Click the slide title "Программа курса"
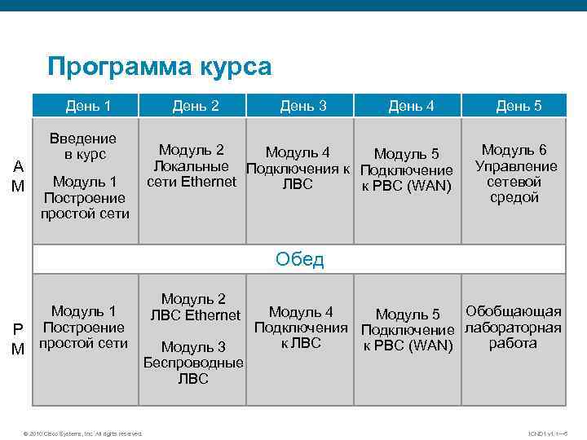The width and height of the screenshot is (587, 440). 159,66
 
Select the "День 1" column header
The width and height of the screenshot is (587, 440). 89,105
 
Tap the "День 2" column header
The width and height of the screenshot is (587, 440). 196,105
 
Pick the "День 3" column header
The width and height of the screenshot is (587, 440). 303,105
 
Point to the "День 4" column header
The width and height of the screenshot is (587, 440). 411,105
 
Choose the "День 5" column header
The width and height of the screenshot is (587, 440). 519,105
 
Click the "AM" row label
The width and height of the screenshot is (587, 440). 18,176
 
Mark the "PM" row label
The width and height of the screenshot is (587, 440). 18,339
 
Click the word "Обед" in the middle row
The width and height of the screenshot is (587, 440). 299,260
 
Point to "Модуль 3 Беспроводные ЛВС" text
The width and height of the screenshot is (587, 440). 193,363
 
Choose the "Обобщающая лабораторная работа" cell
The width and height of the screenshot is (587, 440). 513,328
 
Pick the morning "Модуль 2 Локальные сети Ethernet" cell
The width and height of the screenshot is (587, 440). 192,165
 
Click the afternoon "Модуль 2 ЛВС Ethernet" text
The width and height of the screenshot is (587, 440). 193,307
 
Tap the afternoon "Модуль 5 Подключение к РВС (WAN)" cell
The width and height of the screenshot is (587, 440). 407,330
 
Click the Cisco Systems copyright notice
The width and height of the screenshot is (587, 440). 82,433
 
